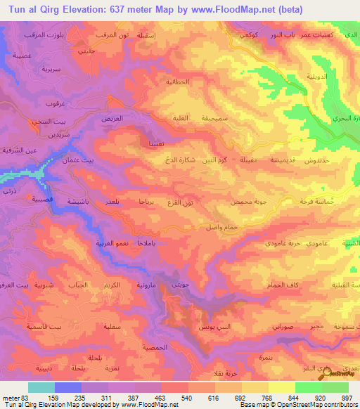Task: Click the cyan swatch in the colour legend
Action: point(41,387)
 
